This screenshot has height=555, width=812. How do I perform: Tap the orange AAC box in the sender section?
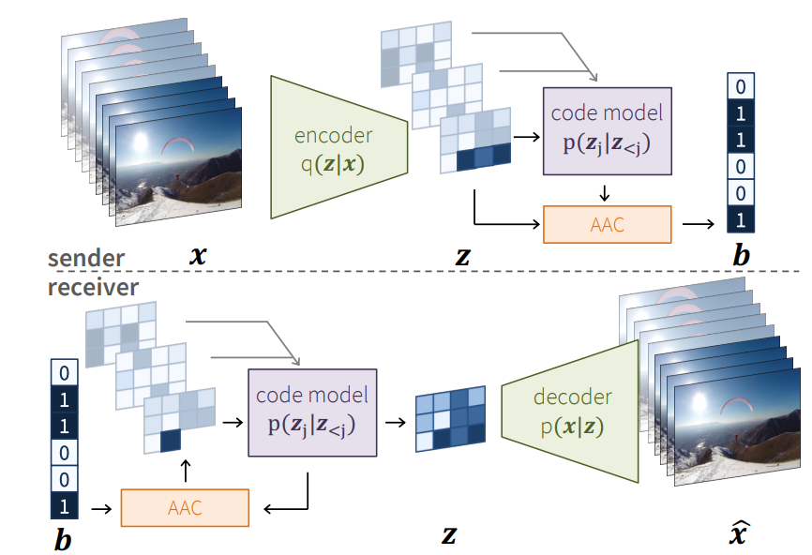tap(608, 225)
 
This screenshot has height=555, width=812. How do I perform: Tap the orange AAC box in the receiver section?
tap(185, 508)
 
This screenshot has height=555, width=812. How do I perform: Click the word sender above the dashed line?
tap(86, 258)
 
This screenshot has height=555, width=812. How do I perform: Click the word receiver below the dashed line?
tap(93, 286)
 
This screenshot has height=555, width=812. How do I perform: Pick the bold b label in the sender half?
tap(741, 254)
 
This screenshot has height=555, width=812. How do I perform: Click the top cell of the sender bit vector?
tap(741, 87)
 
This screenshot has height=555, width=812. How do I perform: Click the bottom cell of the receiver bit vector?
tap(62, 506)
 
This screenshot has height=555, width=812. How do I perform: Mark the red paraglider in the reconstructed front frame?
tap(736, 405)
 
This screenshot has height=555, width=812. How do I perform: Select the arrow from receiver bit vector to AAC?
tap(98, 508)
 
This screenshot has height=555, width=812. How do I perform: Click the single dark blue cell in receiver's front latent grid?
tap(170, 440)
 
